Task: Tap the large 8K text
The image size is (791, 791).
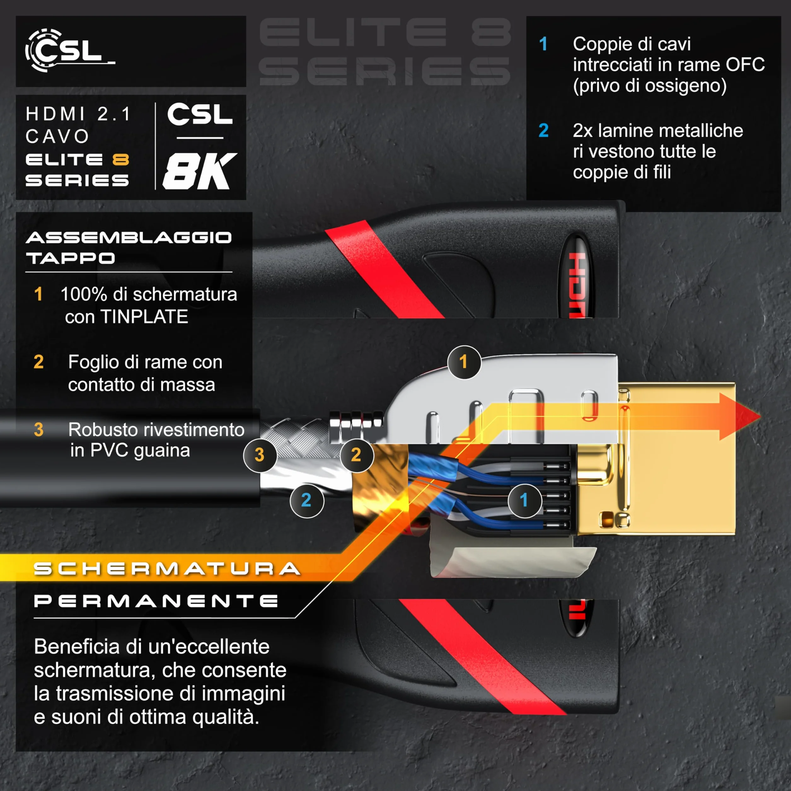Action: click(x=200, y=171)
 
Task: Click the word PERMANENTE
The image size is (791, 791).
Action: click(x=156, y=601)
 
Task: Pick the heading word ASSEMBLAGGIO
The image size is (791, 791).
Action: click(x=129, y=238)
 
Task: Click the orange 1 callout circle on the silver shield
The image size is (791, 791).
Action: click(x=464, y=362)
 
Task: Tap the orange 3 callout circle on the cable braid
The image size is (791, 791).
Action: click(x=260, y=455)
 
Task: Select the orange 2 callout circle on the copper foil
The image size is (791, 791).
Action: click(x=356, y=455)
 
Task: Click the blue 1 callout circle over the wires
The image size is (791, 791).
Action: click(x=524, y=500)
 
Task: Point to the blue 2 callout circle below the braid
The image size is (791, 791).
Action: click(x=307, y=500)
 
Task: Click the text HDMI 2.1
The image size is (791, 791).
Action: click(x=78, y=114)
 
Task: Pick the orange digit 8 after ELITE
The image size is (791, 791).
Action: click(x=121, y=160)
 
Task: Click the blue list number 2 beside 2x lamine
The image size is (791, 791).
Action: click(x=543, y=130)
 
